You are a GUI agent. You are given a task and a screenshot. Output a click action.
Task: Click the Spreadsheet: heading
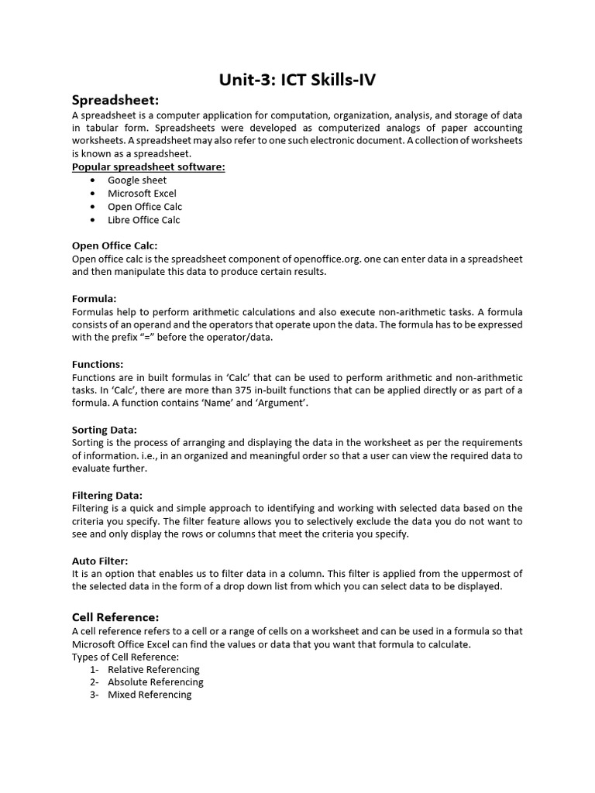[115, 100]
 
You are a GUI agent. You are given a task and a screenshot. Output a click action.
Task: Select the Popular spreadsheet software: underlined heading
[149, 166]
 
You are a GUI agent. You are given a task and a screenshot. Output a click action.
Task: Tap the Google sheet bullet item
[137, 180]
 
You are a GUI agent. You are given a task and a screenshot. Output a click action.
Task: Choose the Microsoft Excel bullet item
[142, 194]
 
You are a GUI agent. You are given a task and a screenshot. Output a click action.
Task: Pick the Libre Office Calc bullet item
[144, 220]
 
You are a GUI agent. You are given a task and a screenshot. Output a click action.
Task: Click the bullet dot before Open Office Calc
[92, 207]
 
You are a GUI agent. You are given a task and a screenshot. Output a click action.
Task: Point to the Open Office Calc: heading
[115, 245]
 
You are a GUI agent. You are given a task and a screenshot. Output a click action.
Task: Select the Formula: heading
[95, 298]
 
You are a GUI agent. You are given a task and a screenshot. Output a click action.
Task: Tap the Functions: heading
[98, 364]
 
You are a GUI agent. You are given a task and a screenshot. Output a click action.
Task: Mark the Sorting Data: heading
[105, 430]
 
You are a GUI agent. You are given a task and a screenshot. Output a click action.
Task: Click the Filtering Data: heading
[107, 495]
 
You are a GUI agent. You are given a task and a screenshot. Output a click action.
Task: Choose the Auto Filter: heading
[100, 561]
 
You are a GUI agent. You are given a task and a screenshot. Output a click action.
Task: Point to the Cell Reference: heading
[115, 617]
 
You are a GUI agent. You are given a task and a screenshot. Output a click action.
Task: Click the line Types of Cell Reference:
[126, 657]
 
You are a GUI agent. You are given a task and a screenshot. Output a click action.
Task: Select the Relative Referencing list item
[153, 669]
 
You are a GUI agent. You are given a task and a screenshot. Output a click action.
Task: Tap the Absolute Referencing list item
[155, 682]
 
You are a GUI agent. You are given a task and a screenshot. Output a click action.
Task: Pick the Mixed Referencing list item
[150, 695]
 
